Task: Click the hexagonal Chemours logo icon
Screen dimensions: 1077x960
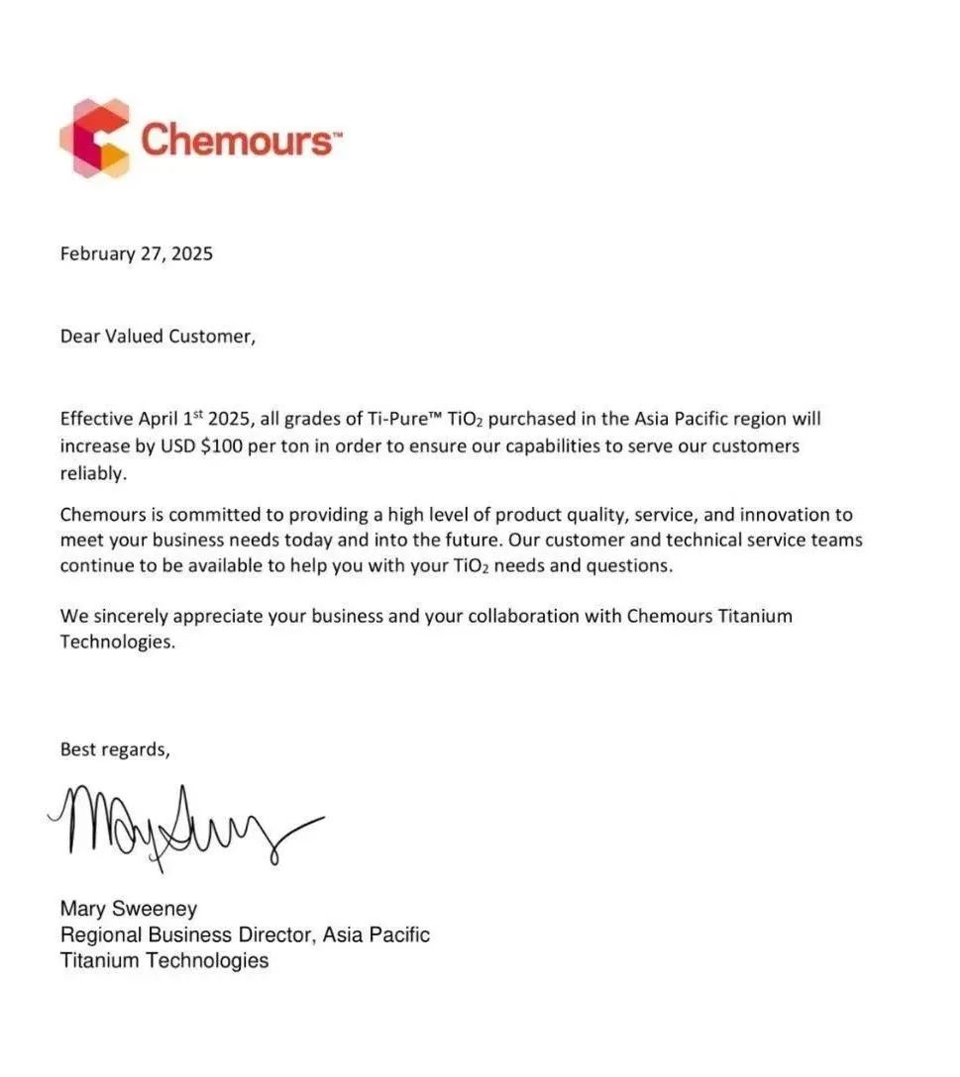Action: (x=95, y=138)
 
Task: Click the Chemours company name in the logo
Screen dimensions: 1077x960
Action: (x=237, y=140)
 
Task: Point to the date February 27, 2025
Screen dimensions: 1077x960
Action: (x=137, y=253)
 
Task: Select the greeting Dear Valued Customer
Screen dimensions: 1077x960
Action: (x=158, y=336)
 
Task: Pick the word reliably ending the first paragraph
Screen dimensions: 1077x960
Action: (x=93, y=474)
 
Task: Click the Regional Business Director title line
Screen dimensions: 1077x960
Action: (x=245, y=934)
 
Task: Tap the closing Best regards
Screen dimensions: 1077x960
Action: (x=115, y=749)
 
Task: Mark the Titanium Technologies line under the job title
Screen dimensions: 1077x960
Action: (x=163, y=960)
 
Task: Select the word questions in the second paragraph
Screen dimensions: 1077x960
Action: (x=631, y=566)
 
